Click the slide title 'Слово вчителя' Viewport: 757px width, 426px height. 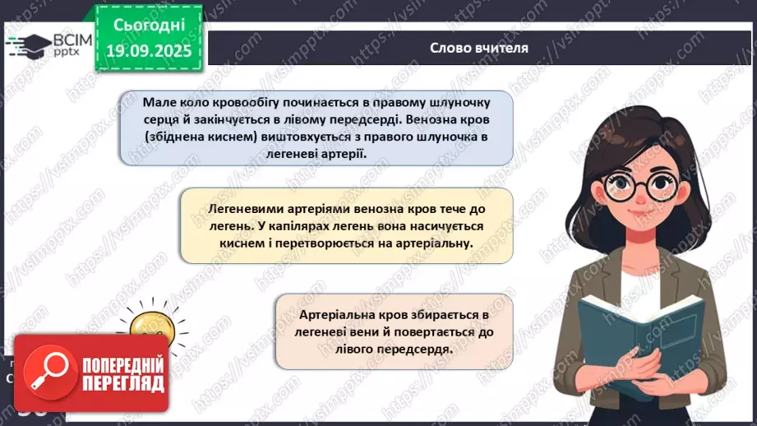coord(479,47)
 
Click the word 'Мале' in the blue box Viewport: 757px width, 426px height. coord(158,102)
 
